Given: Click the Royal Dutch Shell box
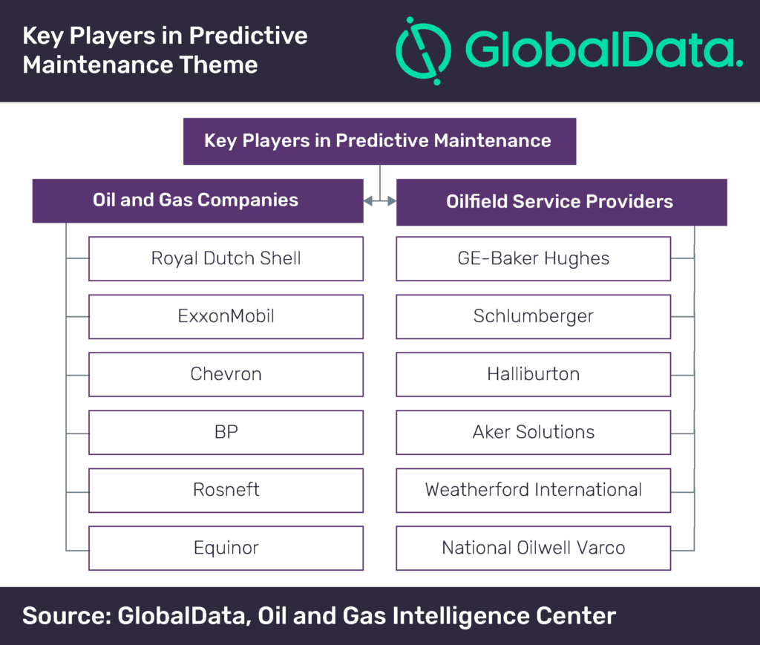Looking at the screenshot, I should (x=226, y=258).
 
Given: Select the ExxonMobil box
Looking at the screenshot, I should (x=226, y=316).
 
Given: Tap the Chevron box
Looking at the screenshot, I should (x=226, y=374).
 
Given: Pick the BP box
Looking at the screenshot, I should (x=226, y=432).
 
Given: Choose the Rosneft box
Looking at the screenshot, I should (x=226, y=490).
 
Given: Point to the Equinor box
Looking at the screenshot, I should (x=226, y=548).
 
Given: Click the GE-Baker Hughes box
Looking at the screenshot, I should (x=533, y=258).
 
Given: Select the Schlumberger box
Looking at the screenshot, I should (x=533, y=316).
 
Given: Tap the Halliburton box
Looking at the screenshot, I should (x=533, y=374).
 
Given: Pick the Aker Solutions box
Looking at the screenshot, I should (x=533, y=432).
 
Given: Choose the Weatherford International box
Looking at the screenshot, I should (x=533, y=490).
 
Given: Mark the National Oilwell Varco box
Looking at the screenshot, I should (x=533, y=548).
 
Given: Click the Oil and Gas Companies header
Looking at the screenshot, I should (x=197, y=200).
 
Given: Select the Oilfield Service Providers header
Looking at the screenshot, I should (x=561, y=201).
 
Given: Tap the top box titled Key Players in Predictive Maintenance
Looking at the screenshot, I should (x=379, y=140).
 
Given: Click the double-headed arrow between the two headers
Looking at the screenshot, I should (x=379, y=200).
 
